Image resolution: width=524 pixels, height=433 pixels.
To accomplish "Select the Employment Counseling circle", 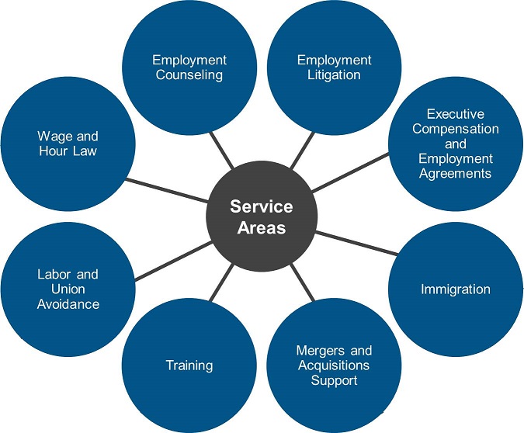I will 189,67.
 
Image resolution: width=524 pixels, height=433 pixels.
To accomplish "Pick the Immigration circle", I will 455,289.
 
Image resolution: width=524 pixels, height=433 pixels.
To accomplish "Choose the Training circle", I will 189,365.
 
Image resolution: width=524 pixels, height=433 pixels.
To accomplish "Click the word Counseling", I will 189,75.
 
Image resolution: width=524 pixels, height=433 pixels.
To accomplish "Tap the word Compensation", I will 455,129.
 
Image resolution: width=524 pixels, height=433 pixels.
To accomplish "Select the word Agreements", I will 455,173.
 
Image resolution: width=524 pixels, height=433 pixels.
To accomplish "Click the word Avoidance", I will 68,304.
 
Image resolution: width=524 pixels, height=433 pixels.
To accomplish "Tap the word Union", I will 68,289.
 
